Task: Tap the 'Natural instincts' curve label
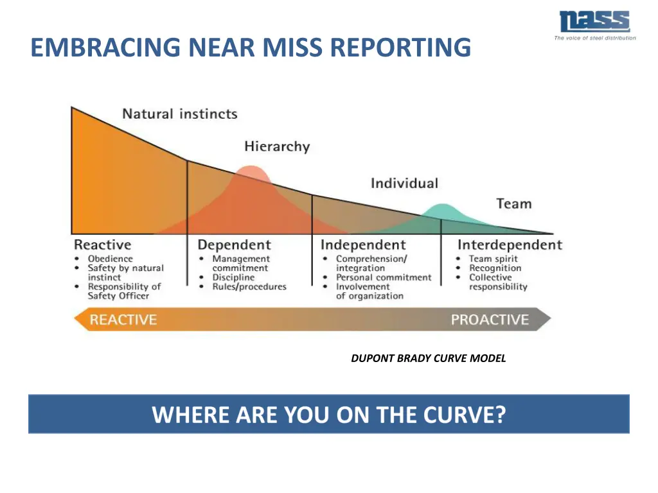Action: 180,114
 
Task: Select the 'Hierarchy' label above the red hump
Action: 277,147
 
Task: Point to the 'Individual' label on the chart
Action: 404,184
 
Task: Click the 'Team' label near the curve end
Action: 513,204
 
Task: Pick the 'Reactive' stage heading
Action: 102,245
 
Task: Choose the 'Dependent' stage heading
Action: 234,245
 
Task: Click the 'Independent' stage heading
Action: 363,245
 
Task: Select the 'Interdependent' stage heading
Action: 510,245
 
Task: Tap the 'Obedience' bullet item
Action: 110,259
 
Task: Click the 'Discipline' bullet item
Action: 233,277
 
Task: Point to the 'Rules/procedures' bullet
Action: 249,287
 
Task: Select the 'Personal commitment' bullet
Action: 384,277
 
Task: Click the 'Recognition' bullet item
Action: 495,268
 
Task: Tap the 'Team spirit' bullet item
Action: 493,259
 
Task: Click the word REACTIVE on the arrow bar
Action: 123,320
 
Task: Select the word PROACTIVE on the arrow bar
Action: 490,320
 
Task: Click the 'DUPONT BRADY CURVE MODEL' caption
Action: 429,359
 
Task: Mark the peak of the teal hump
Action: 442,205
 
